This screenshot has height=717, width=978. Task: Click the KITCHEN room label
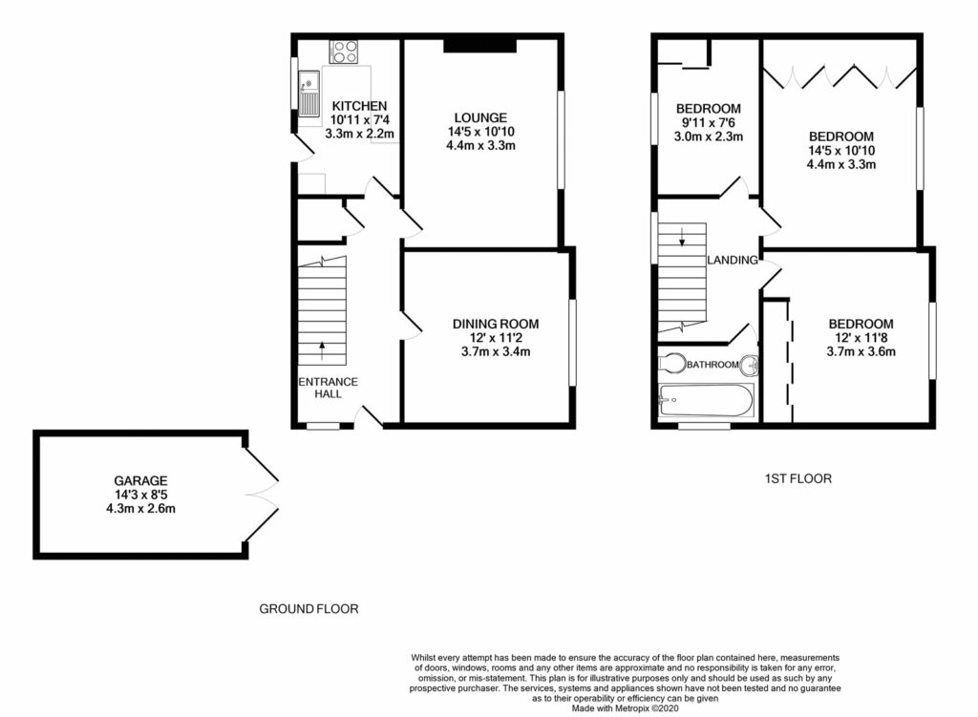[x=359, y=106]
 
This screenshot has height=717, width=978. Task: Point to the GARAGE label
[x=143, y=480]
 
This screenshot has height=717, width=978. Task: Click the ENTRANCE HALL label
[x=328, y=388]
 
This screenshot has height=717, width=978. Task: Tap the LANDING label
[x=733, y=260]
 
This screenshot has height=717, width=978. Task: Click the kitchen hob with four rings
[x=344, y=52]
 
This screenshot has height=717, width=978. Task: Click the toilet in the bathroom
[x=672, y=364]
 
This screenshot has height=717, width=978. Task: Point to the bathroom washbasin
[x=752, y=365]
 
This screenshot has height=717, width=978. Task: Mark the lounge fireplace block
[x=480, y=45]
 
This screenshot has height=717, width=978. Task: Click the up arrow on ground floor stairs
[x=321, y=348]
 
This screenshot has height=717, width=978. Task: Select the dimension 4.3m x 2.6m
[x=143, y=509]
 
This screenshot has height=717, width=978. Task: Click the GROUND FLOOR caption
[x=309, y=608]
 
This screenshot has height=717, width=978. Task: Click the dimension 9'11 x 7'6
[x=708, y=122]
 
